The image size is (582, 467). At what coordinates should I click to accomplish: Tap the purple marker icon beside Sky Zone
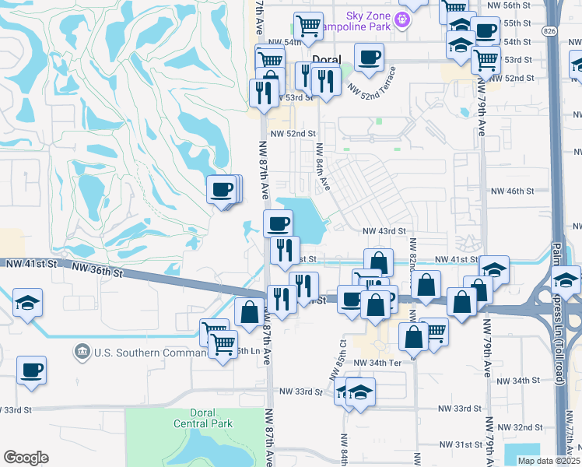(401, 18)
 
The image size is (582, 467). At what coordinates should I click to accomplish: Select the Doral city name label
(327, 59)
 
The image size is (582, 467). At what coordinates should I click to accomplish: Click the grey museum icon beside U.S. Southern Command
(82, 353)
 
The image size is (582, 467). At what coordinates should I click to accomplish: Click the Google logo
(26, 458)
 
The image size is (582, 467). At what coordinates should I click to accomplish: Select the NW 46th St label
(512, 191)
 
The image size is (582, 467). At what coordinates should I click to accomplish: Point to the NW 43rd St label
(385, 231)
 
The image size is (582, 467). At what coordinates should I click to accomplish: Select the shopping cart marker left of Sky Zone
(308, 25)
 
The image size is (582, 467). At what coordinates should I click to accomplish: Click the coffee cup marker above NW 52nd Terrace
(369, 56)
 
